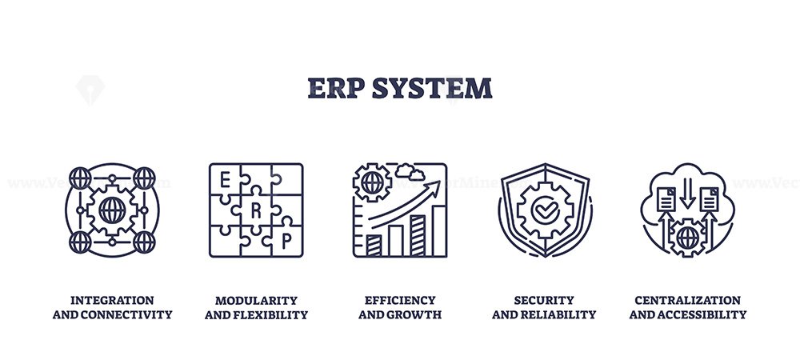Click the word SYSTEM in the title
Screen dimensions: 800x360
point(432,88)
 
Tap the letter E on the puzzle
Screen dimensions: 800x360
point(224,180)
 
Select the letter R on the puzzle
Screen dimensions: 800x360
point(256,210)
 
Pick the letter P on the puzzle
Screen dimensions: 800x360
point(286,242)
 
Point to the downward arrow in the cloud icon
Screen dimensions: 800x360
point(687,193)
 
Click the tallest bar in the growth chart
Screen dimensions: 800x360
point(438,230)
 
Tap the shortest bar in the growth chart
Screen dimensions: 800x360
point(374,246)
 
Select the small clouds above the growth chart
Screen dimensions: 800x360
point(410,172)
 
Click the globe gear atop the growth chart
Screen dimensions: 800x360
point(373,182)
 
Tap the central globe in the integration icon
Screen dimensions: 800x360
point(112,210)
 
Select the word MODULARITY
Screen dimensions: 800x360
point(256,300)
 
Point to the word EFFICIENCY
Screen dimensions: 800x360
point(400,300)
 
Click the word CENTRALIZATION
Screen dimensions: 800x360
point(688,300)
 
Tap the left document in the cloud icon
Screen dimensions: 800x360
point(666,199)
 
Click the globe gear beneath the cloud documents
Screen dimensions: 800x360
point(688,238)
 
